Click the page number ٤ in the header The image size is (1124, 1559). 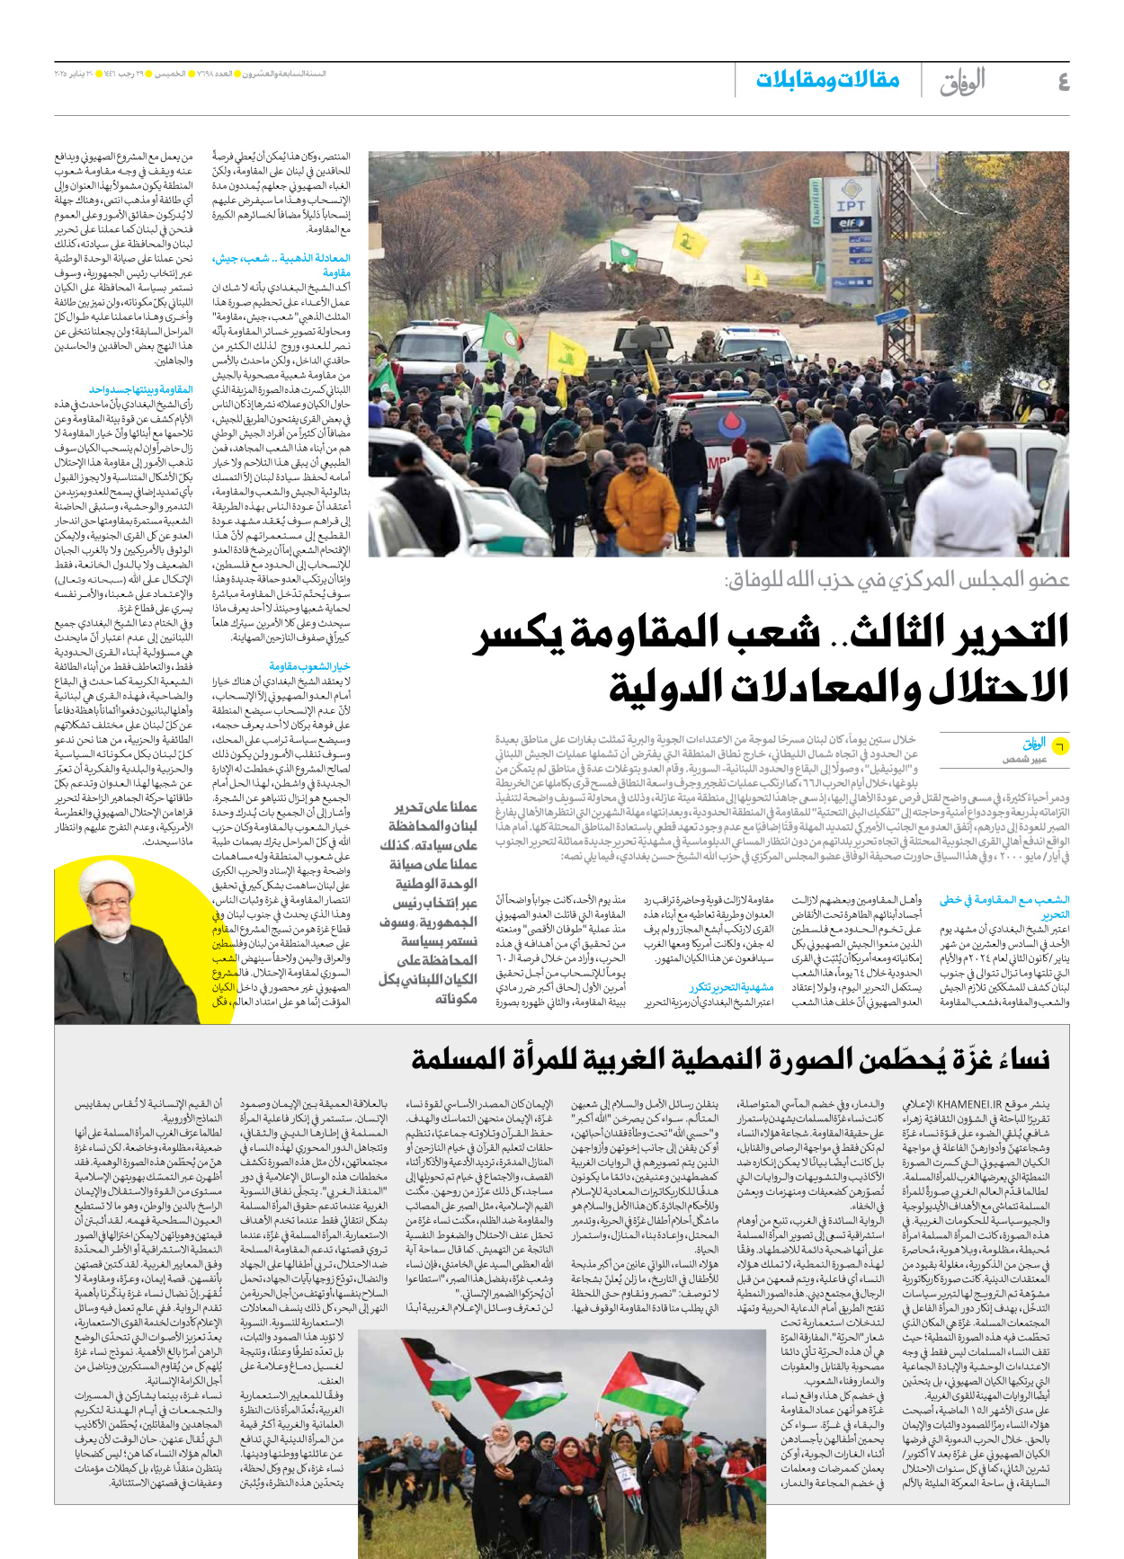(x=1063, y=82)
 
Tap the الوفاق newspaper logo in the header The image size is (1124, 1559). (x=962, y=82)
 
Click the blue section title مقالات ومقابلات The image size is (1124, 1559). (x=827, y=80)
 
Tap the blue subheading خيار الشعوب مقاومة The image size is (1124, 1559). (x=309, y=666)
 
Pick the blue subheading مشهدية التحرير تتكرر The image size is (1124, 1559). (x=730, y=987)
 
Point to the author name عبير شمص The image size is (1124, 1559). (x=1025, y=760)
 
